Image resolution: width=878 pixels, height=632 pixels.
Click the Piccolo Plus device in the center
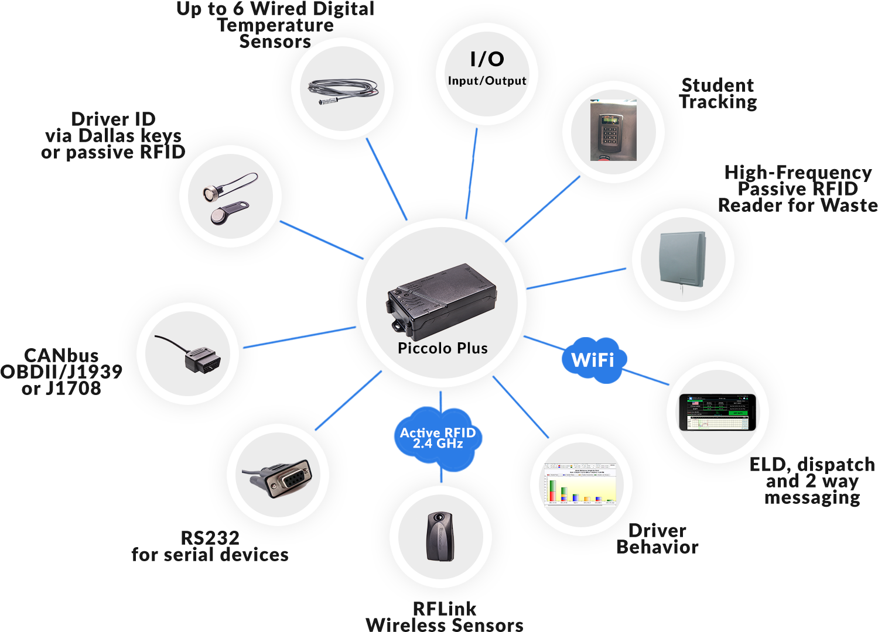click(x=442, y=301)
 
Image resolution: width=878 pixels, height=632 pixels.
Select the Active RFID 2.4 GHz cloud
click(x=438, y=438)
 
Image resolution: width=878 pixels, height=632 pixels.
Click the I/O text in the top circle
click(x=487, y=59)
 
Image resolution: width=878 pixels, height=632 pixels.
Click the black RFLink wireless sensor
click(x=440, y=537)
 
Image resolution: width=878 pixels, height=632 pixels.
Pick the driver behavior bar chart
click(x=580, y=485)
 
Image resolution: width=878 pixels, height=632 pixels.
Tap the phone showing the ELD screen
click(x=718, y=413)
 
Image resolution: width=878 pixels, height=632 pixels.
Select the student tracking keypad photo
click(x=613, y=130)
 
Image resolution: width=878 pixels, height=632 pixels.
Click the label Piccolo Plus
click(x=443, y=348)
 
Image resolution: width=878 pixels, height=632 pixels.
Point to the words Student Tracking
click(x=718, y=94)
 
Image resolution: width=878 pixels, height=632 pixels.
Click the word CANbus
click(x=61, y=356)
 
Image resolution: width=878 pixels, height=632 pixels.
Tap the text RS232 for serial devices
click(x=210, y=547)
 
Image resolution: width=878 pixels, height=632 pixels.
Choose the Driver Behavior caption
click(x=657, y=539)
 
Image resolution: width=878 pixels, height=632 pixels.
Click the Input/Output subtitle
click(x=487, y=81)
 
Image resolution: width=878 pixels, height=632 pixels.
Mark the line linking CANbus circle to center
click(x=299, y=338)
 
